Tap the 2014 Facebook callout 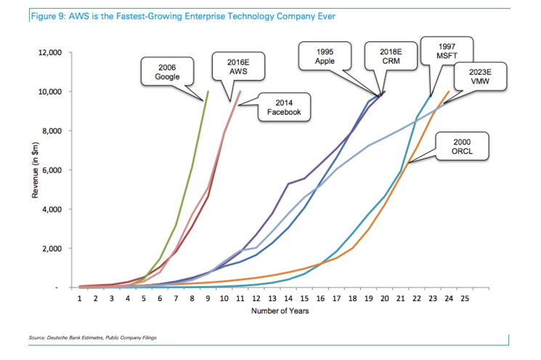pos(274,107)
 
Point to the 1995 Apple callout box pos(325,57)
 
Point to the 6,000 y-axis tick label pos(52,171)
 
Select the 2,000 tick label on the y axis pos(52,249)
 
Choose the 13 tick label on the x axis pos(272,298)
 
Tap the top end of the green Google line pos(208,91)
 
